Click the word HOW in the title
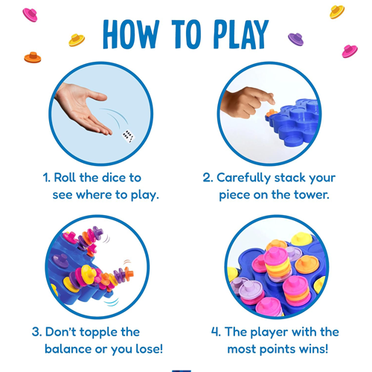(x=131, y=34)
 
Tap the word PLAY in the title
(x=241, y=34)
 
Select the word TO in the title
(x=186, y=34)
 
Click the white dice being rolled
(x=129, y=136)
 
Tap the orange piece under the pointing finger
(x=271, y=113)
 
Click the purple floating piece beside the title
(x=295, y=39)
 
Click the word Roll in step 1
(x=65, y=178)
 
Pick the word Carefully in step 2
(x=243, y=178)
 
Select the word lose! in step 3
(x=149, y=349)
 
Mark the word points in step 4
(x=279, y=350)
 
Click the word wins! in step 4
(x=314, y=349)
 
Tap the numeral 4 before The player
(x=214, y=332)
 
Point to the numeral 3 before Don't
(x=36, y=332)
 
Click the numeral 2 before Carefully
(x=207, y=178)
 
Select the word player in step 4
(x=269, y=333)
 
